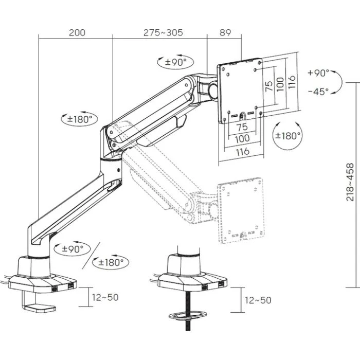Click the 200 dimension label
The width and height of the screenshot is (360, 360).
pyautogui.click(x=77, y=33)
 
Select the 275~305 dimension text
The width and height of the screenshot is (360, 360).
pyautogui.click(x=163, y=33)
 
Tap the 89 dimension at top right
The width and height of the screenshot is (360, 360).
pyautogui.click(x=225, y=33)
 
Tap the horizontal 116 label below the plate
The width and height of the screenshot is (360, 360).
pyautogui.click(x=242, y=151)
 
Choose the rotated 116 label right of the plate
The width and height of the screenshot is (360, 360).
pyautogui.click(x=291, y=81)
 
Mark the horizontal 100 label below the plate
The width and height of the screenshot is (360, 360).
pyautogui.click(x=242, y=139)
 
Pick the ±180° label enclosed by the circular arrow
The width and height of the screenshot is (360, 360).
pyautogui.click(x=288, y=136)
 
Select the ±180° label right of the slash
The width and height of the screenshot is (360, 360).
pyautogui.click(x=111, y=262)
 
